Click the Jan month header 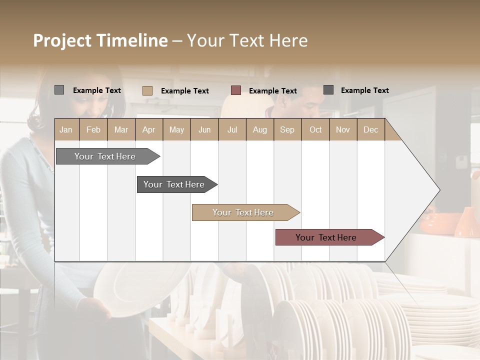click(66, 129)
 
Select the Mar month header click(121, 129)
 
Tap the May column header click(176, 129)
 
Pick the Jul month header click(232, 129)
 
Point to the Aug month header click(259, 129)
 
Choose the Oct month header click(315, 129)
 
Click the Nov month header click(343, 129)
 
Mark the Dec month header click(370, 129)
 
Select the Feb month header click(93, 129)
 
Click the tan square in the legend click(147, 90)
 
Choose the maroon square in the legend click(236, 90)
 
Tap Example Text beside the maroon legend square click(272, 90)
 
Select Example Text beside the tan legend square click(184, 90)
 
